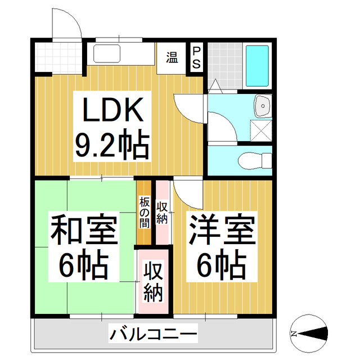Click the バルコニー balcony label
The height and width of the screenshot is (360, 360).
coord(153,335)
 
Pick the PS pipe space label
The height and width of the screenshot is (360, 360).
coord(196,58)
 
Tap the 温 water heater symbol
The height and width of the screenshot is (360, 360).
coord(172,57)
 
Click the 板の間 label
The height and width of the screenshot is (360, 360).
coord(144,211)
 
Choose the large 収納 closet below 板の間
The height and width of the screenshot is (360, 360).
coord(153,281)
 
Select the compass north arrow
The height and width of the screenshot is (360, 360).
coord(309,333)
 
